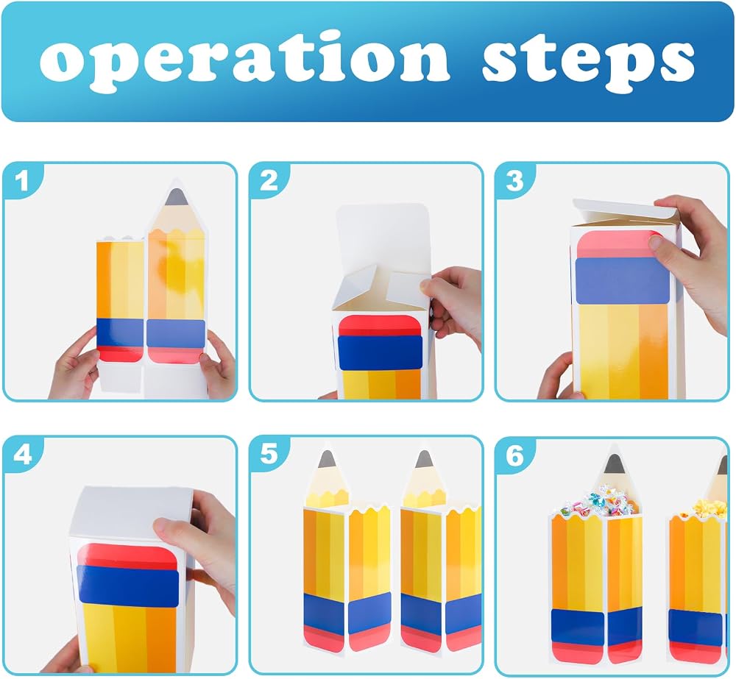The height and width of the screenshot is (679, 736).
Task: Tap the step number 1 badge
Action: click(21, 181)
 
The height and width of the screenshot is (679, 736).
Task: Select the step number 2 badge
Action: click(269, 181)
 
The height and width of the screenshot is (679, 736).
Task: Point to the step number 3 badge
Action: click(514, 181)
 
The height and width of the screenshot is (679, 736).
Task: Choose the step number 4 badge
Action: click(21, 454)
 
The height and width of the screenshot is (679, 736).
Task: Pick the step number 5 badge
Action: click(269, 454)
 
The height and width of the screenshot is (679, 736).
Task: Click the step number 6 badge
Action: click(514, 454)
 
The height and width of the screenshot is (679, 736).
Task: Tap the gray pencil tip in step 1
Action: click(177, 197)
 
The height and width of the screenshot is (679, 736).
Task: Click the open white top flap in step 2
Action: click(383, 234)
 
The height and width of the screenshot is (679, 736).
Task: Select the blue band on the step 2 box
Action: click(380, 352)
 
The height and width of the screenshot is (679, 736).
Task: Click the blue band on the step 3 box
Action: click(623, 280)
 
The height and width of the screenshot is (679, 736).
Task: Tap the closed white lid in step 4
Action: click(132, 513)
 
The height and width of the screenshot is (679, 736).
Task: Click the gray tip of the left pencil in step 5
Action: click(327, 459)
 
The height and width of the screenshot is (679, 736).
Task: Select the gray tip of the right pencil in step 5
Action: click(424, 459)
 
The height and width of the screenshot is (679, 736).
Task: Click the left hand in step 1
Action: click(75, 366)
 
